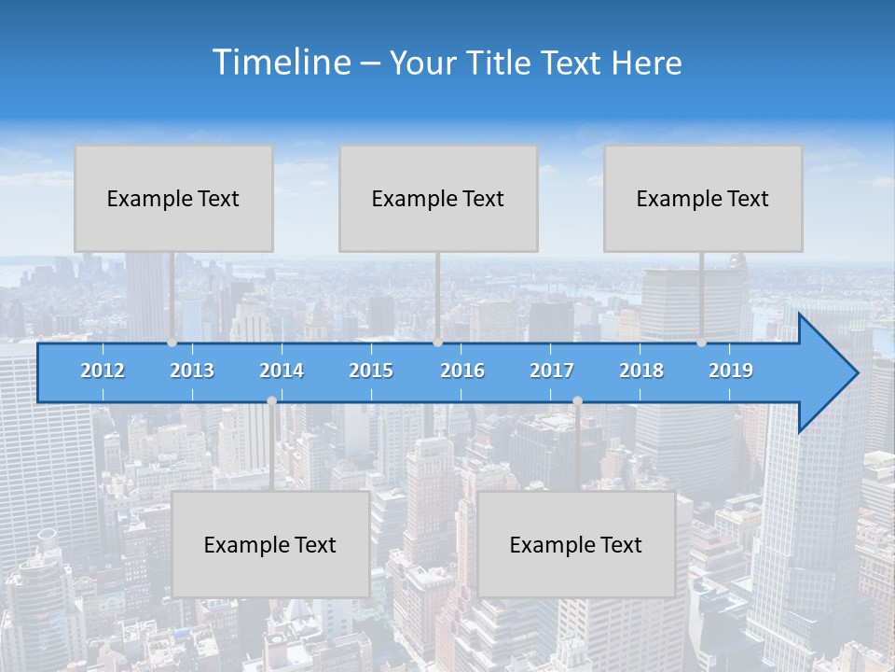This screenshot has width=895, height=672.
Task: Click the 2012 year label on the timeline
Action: [103, 371]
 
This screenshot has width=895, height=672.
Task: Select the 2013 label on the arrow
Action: [192, 371]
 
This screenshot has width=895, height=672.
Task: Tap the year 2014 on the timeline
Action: [282, 371]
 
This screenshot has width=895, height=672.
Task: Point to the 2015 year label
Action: [371, 371]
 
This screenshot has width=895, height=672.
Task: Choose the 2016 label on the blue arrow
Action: [462, 371]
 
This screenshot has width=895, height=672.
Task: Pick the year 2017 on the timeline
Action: [552, 371]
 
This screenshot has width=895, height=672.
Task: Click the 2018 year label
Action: [641, 371]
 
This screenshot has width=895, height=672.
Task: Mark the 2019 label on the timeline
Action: [731, 371]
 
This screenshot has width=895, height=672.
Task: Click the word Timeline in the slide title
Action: [281, 63]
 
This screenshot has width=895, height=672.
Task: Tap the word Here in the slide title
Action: [646, 63]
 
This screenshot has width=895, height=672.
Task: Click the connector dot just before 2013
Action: [172, 343]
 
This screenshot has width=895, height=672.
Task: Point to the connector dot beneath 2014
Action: [271, 400]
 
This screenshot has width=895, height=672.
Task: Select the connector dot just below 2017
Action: [577, 400]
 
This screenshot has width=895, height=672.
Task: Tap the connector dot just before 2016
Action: [437, 343]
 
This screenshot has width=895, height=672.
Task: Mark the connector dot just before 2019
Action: [702, 343]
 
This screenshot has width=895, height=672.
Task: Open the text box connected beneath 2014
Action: [270, 544]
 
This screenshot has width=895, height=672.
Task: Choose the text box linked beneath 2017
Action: [576, 544]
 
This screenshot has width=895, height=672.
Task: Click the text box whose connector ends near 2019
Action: [703, 198]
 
